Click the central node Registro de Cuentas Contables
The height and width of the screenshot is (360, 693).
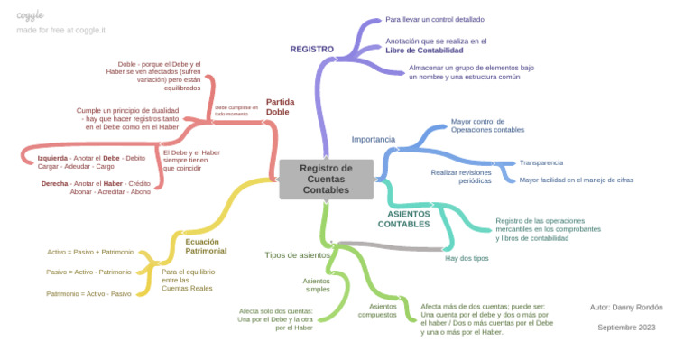pos(326,179)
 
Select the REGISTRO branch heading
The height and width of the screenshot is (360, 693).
pos(311,49)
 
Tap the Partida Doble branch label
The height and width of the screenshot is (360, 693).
pos(280,106)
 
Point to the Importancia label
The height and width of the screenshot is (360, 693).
pos(373,140)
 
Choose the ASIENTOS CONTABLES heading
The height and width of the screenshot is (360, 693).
pos(403,218)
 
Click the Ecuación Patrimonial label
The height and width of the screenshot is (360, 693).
pos(206,245)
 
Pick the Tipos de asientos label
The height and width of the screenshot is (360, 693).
pos(297,255)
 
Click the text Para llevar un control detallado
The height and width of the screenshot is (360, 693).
pos(435,19)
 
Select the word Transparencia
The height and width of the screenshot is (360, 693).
pos(541,162)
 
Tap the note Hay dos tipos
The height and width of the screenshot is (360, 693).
pos(467,258)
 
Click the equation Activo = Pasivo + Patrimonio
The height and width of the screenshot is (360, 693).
pos(90,252)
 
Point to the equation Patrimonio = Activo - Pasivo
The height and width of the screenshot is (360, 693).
pos(89,293)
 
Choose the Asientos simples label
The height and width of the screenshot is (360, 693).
pos(316,284)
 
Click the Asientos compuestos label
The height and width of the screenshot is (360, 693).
pos(377,310)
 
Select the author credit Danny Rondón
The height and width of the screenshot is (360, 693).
pos(625,307)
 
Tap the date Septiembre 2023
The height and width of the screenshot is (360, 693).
pos(626,327)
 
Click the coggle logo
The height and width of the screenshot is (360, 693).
pos(30,15)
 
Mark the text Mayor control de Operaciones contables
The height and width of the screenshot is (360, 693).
pos(487,125)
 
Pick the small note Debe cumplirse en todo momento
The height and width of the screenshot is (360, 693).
pos(236,110)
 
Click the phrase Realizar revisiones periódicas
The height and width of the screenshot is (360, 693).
pos(462,176)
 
